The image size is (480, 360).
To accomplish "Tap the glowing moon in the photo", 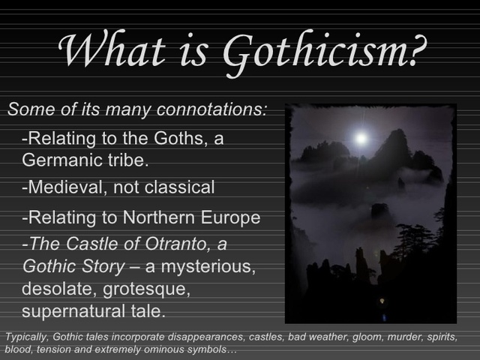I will (x=361, y=138).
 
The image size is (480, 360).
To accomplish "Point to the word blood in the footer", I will (x=17, y=350).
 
